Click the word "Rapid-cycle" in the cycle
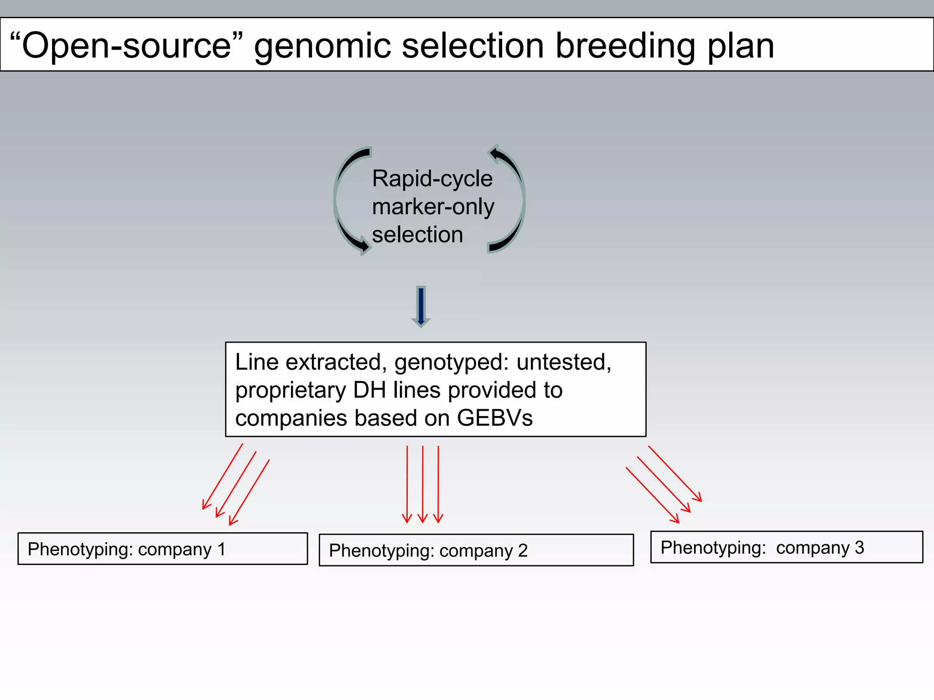432,179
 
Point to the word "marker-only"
433,206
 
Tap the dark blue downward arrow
421,306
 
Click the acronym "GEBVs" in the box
494,418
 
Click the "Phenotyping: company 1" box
162,549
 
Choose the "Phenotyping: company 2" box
476,550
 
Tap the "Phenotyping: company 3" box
786,547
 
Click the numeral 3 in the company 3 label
859,547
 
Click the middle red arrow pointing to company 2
423,484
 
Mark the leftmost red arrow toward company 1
223,476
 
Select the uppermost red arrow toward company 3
675,474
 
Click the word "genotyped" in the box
451,362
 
